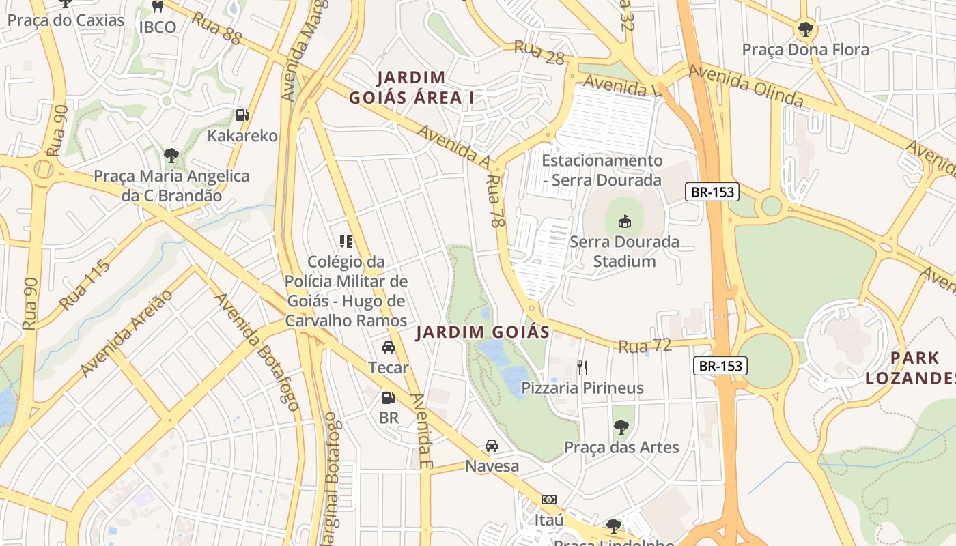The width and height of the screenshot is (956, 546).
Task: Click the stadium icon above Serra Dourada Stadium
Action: coord(624,221)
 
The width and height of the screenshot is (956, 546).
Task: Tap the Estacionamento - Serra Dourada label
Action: coord(602,170)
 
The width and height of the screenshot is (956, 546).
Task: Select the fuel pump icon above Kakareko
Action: coord(242,115)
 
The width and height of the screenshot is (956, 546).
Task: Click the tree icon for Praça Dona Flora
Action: coord(805,29)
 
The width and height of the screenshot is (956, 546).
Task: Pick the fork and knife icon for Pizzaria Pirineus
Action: coord(582,368)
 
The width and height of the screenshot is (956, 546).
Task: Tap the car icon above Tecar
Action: coord(389,347)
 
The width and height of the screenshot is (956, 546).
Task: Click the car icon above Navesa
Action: coord(491,446)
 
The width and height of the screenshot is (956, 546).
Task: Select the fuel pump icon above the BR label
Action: coord(388,397)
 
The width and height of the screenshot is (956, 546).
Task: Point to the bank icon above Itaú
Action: coord(549,500)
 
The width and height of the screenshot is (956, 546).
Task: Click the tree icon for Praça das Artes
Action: coord(621,427)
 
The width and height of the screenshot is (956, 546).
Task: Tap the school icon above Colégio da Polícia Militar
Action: coord(346,241)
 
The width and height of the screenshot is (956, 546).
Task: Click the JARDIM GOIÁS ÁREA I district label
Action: coord(411,87)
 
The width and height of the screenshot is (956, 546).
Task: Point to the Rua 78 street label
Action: coord(495,201)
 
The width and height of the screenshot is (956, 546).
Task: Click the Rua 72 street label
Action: coord(645,346)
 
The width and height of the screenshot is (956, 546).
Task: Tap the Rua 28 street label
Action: coord(539,52)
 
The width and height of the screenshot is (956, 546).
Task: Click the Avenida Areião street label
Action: coord(126,334)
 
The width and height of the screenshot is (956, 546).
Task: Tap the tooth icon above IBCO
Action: coord(158,7)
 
